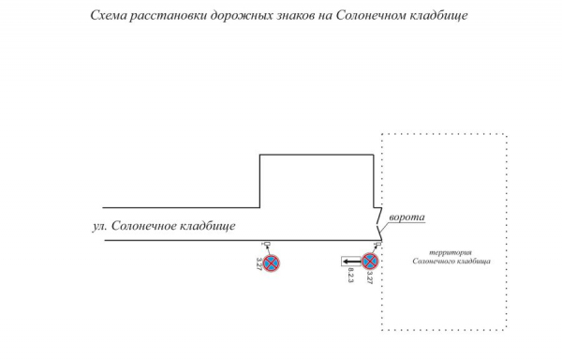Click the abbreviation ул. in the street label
pyautogui.click(x=99, y=226)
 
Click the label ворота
pyautogui.click(x=407, y=217)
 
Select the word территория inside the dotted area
pyautogui.click(x=451, y=252)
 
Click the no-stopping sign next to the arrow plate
pyautogui.click(x=370, y=262)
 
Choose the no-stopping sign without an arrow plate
pyautogui.click(x=271, y=263)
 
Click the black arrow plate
pyautogui.click(x=351, y=262)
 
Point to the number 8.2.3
pyautogui.click(x=350, y=276)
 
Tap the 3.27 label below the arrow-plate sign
pyautogui.click(x=370, y=277)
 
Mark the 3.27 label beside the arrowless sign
pyautogui.click(x=259, y=263)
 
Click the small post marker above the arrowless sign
pyautogui.click(x=267, y=244)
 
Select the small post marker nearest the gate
pyautogui.click(x=377, y=245)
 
